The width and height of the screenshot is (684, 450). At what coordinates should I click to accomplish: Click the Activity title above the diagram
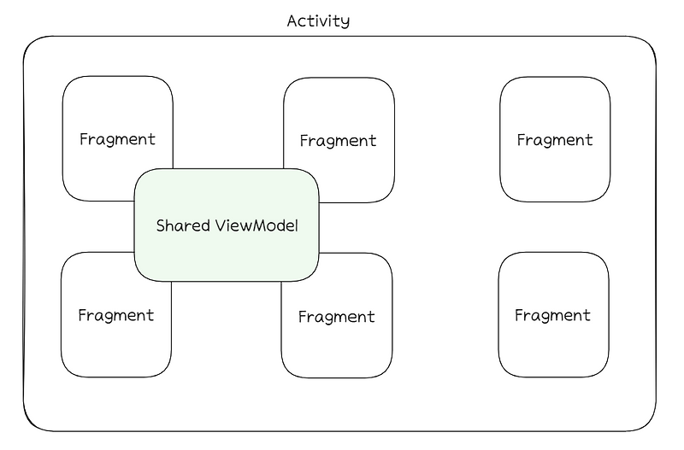click(318, 20)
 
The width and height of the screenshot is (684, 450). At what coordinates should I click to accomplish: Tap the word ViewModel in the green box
click(256, 226)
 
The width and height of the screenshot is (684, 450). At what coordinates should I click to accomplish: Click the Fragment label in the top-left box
click(117, 139)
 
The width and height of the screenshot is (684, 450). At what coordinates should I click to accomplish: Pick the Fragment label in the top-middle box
click(339, 141)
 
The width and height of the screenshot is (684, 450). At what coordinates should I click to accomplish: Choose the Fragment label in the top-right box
click(555, 140)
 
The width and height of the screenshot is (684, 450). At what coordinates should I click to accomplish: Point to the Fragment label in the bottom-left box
click(115, 315)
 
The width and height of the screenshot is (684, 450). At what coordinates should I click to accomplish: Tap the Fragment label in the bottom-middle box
click(336, 317)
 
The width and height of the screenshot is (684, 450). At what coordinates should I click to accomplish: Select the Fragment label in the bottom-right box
click(552, 315)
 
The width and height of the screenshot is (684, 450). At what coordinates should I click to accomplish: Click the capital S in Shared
click(161, 226)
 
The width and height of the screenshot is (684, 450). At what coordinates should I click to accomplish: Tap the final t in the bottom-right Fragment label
click(587, 315)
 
